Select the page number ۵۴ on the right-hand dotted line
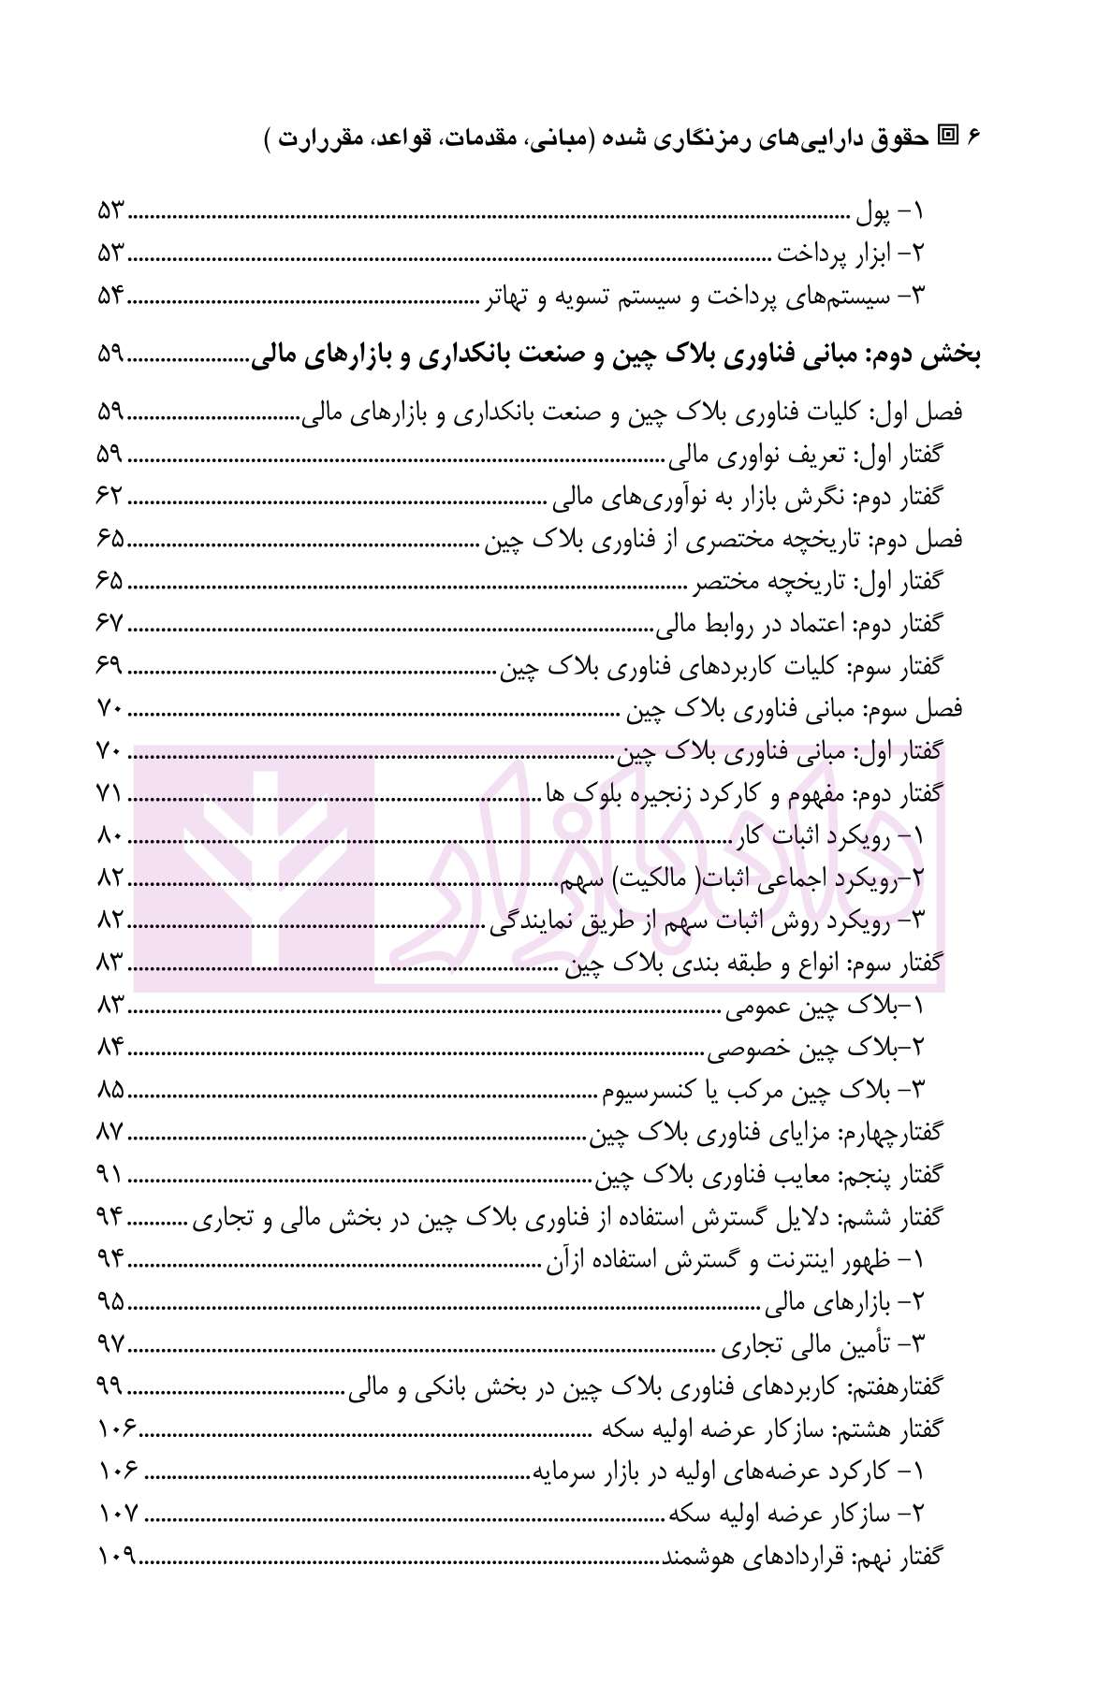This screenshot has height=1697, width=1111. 110,297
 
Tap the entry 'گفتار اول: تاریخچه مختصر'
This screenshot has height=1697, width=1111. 817,582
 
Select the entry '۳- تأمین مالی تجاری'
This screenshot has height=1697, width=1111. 822,1345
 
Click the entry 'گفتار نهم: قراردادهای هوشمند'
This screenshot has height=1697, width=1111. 803,1557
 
